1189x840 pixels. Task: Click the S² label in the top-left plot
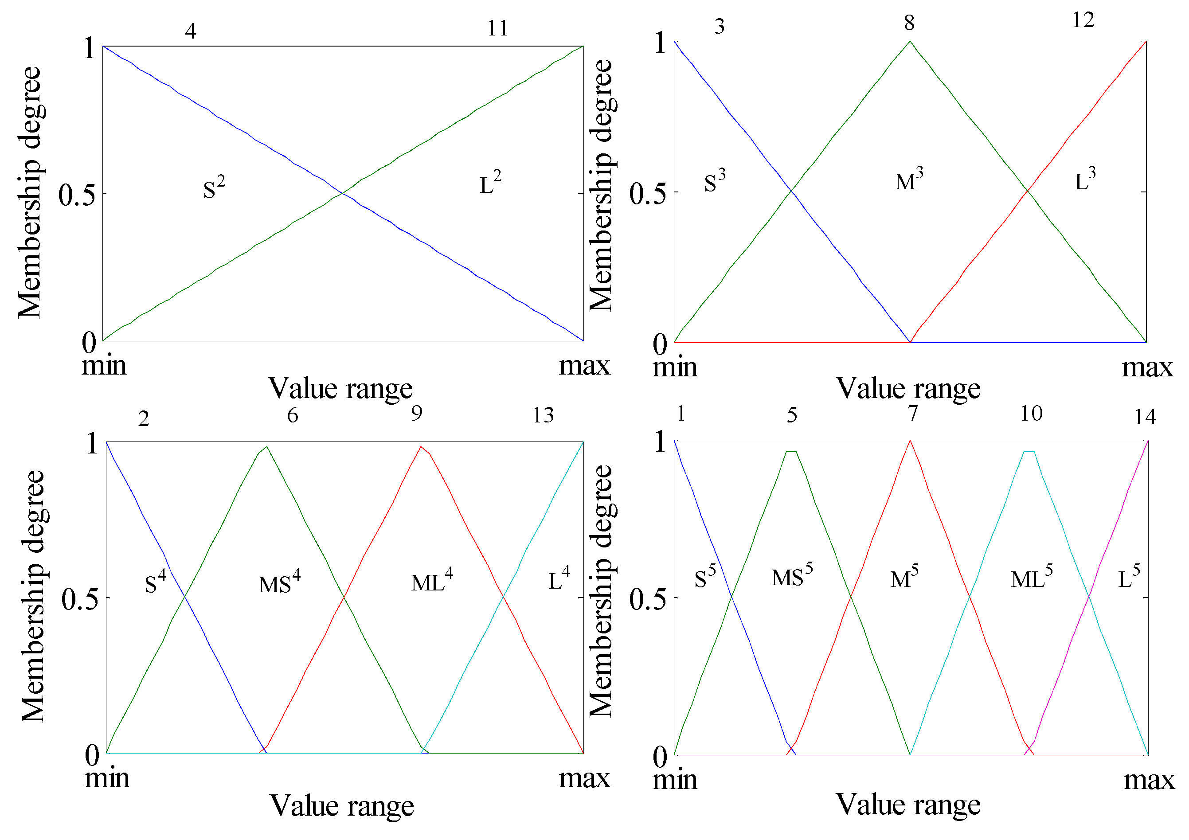213,188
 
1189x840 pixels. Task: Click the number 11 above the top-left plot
498,28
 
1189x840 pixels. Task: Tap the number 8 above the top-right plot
909,23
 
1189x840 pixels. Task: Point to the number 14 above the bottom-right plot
1145,417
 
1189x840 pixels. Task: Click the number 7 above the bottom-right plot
912,413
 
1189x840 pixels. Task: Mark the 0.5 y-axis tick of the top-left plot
77,195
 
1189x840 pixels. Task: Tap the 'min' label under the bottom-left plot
107,778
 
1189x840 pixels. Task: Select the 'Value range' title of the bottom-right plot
908,804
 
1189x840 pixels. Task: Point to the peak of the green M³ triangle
910,41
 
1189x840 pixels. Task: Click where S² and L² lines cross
342,194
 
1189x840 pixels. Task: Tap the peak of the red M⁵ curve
910,441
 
